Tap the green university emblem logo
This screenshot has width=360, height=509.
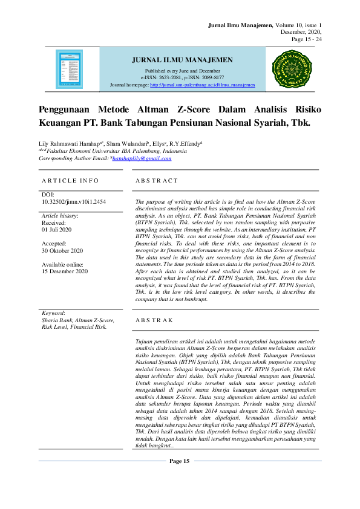pyautogui.click(x=291, y=69)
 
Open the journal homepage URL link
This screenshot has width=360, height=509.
pyautogui.click(x=202, y=85)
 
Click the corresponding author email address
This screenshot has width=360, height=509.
pyautogui.click(x=142, y=158)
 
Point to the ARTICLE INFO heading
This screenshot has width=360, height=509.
pyautogui.click(x=70, y=180)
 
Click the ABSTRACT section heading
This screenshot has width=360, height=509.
pyautogui.click(x=157, y=180)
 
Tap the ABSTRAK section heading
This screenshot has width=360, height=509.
pyautogui.click(x=154, y=319)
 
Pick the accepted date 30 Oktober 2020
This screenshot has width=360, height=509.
pyautogui.click(x=62, y=250)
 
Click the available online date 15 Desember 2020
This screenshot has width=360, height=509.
pyautogui.click(x=65, y=271)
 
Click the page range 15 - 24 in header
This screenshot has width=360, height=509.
pyautogui.click(x=307, y=39)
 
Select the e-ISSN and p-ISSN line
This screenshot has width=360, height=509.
pyautogui.click(x=182, y=77)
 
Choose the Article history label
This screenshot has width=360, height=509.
pyautogui.click(x=61, y=216)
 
